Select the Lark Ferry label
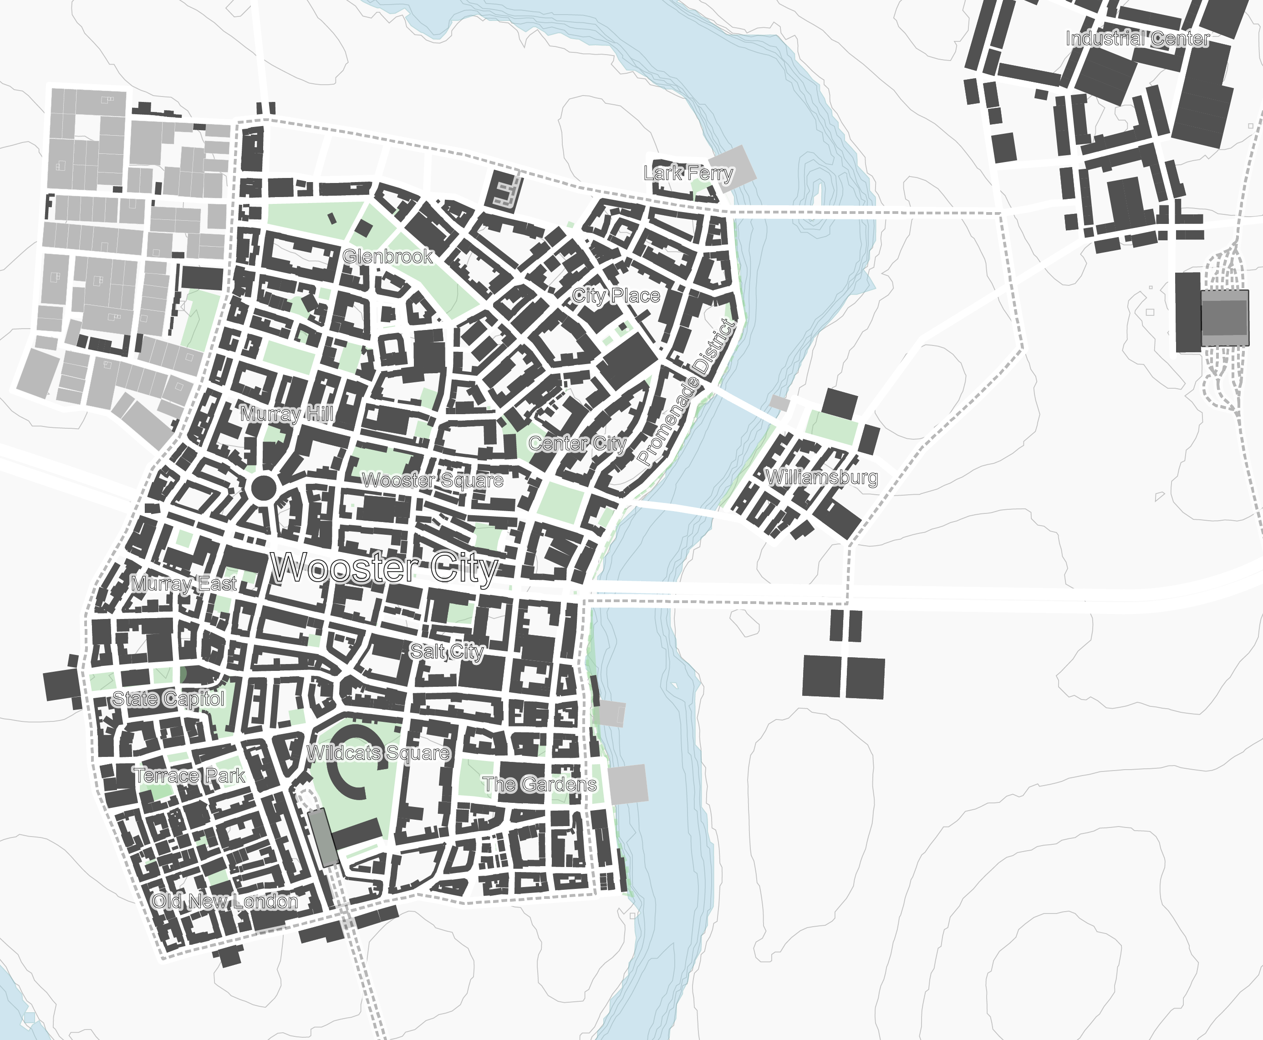[688, 173]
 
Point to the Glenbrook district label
[387, 256]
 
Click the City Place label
[616, 295]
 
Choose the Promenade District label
[686, 392]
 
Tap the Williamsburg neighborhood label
[822, 477]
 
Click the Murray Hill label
[286, 414]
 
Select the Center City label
[577, 443]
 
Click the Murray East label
[184, 583]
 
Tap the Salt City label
[447, 651]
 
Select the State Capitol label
[168, 699]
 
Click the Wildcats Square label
[378, 753]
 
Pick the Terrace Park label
[189, 776]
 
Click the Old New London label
[224, 901]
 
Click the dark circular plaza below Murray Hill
[263, 487]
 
